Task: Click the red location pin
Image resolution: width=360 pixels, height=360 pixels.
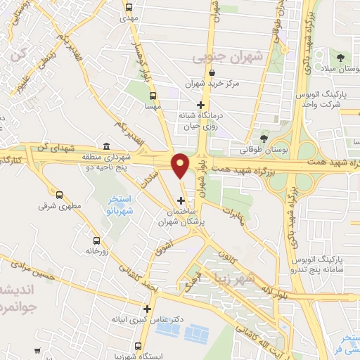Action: [x=181, y=165]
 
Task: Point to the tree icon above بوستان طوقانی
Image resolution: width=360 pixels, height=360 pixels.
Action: [x=264, y=139]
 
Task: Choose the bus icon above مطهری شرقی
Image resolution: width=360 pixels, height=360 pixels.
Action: [x=59, y=195]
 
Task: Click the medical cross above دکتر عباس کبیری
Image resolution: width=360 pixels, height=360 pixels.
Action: [x=147, y=308]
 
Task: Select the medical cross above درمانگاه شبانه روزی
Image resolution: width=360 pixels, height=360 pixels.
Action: [x=200, y=104]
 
